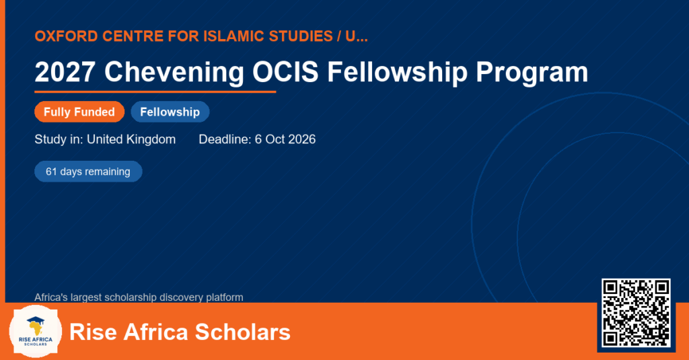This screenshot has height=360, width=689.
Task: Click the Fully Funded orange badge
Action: [x=79, y=112]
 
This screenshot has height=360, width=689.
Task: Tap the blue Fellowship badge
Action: [x=170, y=112]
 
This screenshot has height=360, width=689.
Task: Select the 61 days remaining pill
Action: [x=88, y=172]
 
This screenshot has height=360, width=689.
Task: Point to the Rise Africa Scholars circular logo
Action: [x=36, y=331]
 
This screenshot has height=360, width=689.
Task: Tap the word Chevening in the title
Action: [x=174, y=72]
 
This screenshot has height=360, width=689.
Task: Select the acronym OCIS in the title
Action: [x=285, y=71]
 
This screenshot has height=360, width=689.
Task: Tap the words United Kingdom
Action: [x=131, y=140]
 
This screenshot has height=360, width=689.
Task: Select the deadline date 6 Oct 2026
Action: [x=285, y=139]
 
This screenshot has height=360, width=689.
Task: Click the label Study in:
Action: [x=59, y=140]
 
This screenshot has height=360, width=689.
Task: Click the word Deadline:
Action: [x=225, y=139]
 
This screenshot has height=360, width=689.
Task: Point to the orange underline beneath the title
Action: [x=155, y=92]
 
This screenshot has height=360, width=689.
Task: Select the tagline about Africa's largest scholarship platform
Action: [x=139, y=297]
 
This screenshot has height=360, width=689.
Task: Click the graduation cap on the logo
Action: [x=36, y=320]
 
